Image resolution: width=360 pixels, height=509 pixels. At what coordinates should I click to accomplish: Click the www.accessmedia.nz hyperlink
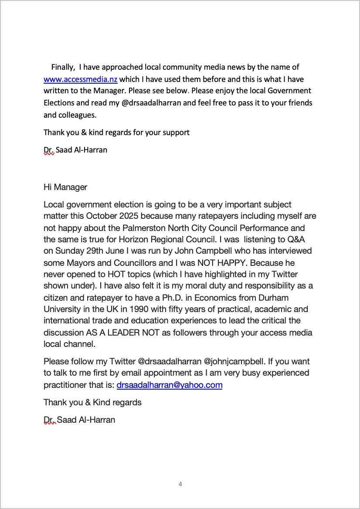pyautogui.click(x=81, y=79)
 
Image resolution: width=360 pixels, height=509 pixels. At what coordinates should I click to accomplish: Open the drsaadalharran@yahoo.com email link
pyautogui.click(x=170, y=385)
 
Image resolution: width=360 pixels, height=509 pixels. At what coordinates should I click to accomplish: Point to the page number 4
pyautogui.click(x=180, y=484)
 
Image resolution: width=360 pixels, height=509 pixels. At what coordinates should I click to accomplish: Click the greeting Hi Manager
pyautogui.click(x=65, y=187)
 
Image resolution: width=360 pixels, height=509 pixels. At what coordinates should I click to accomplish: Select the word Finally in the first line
pyautogui.click(x=63, y=67)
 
